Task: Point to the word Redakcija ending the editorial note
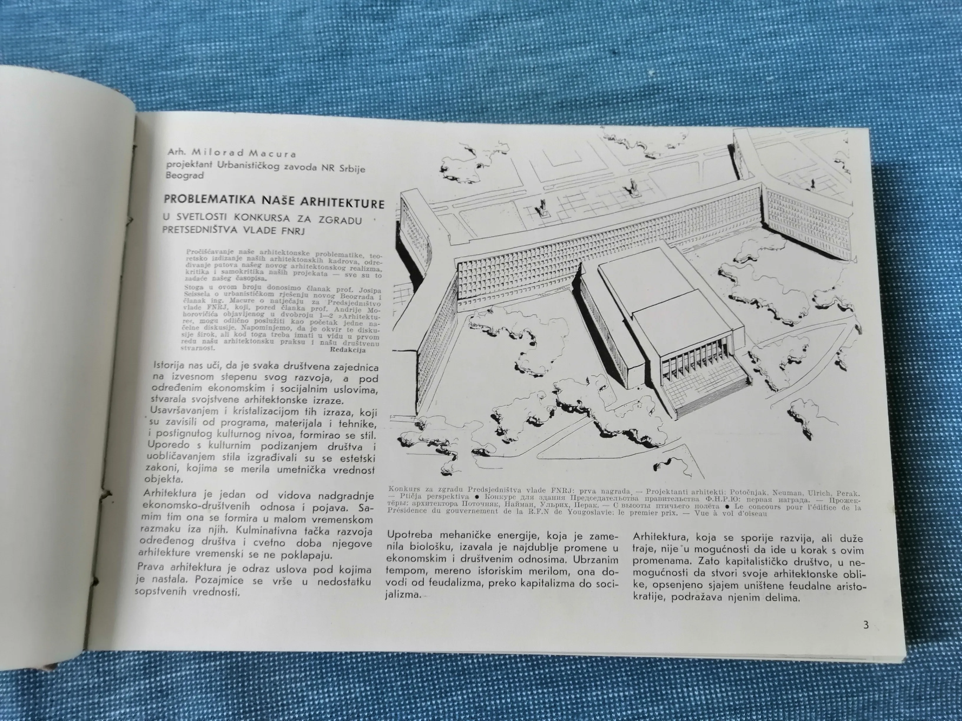click(x=347, y=349)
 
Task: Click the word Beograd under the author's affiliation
click(x=185, y=176)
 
